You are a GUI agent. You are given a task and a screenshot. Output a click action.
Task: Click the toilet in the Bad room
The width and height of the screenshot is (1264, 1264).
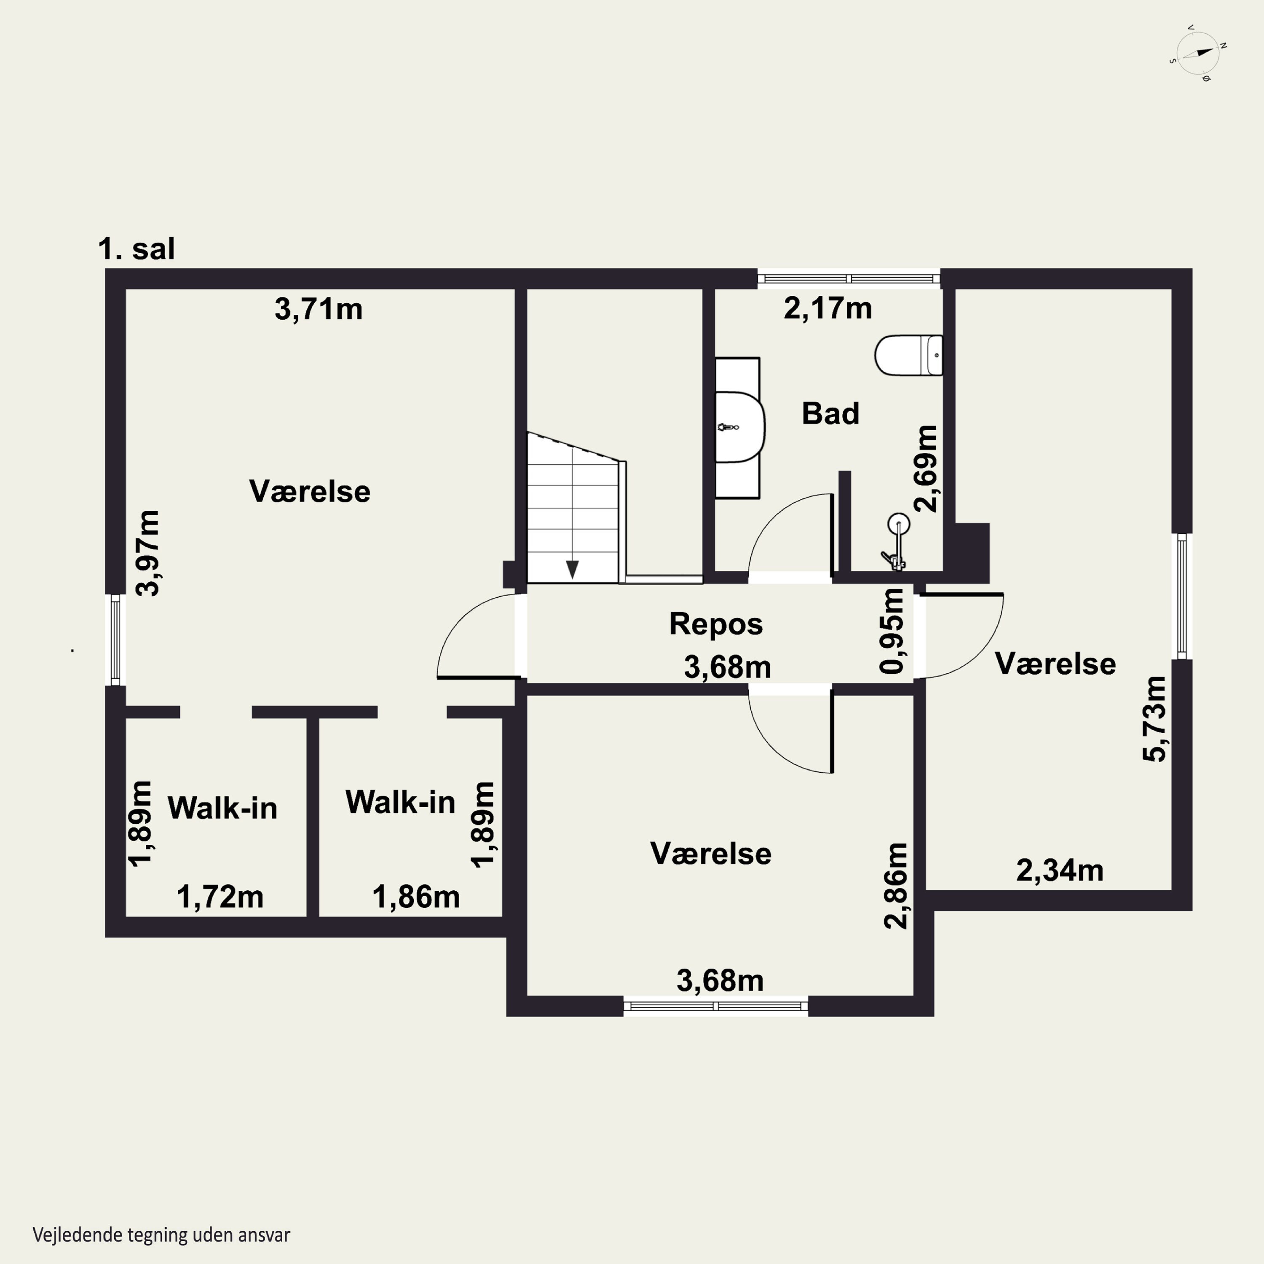point(909,355)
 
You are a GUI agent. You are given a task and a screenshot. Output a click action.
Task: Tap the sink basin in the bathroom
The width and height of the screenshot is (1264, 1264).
point(740,427)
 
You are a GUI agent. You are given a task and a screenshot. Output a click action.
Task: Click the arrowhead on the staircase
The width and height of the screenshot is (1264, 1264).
point(573,569)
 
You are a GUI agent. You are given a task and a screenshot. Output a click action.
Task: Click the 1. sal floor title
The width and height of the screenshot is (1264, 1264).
point(136,249)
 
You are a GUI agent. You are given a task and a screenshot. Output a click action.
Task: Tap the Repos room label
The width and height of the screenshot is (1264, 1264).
point(716,624)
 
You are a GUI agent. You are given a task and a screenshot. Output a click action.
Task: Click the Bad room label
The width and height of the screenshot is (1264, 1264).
point(830,413)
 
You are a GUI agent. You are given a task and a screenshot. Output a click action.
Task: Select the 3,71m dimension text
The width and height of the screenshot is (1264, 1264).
point(319,309)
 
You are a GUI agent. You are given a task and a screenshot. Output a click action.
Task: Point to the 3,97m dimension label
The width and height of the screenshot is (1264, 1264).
point(147,553)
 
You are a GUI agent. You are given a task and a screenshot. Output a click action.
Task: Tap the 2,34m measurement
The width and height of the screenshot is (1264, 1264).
point(1060,870)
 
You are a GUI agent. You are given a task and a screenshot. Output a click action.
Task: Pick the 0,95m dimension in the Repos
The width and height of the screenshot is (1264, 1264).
point(892,631)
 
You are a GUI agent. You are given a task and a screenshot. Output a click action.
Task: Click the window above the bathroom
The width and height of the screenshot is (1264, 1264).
point(849,279)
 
